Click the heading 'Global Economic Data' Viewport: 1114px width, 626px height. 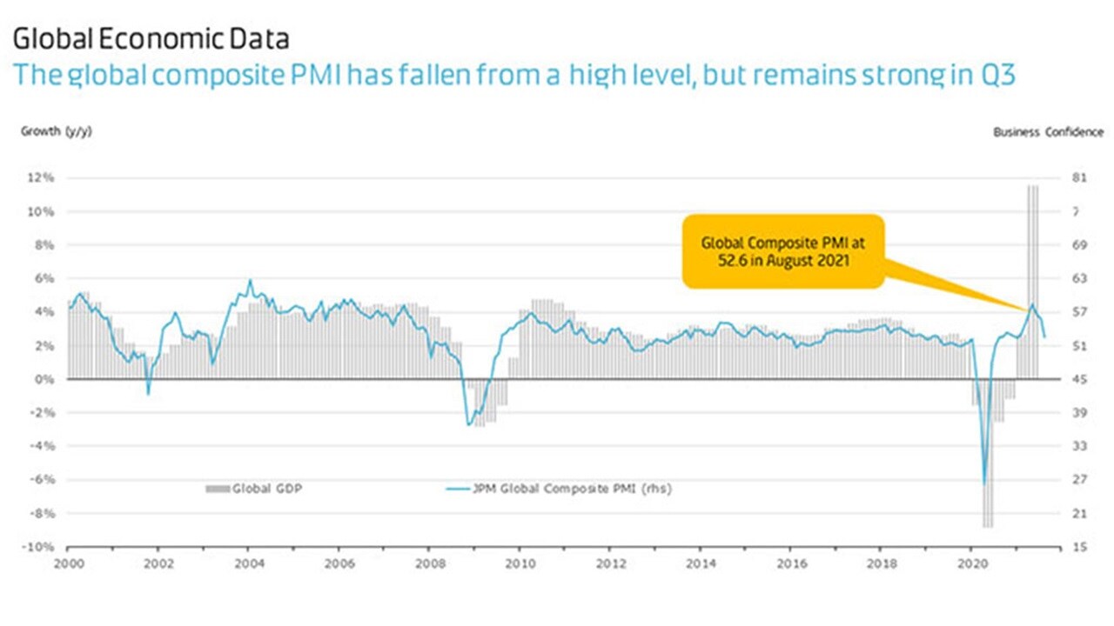coord(151,39)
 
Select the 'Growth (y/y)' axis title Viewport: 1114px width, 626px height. coord(57,131)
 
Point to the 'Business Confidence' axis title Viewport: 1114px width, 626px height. coord(1048,132)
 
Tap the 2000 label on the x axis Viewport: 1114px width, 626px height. coord(68,563)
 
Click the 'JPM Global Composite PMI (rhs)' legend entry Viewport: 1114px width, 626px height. coord(558,489)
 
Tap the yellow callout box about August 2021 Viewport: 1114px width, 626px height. coord(783,251)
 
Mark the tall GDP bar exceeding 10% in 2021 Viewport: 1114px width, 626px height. coord(1033,278)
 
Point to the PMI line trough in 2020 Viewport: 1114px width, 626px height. coord(985,483)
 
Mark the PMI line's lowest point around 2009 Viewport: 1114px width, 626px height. coord(468,424)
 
